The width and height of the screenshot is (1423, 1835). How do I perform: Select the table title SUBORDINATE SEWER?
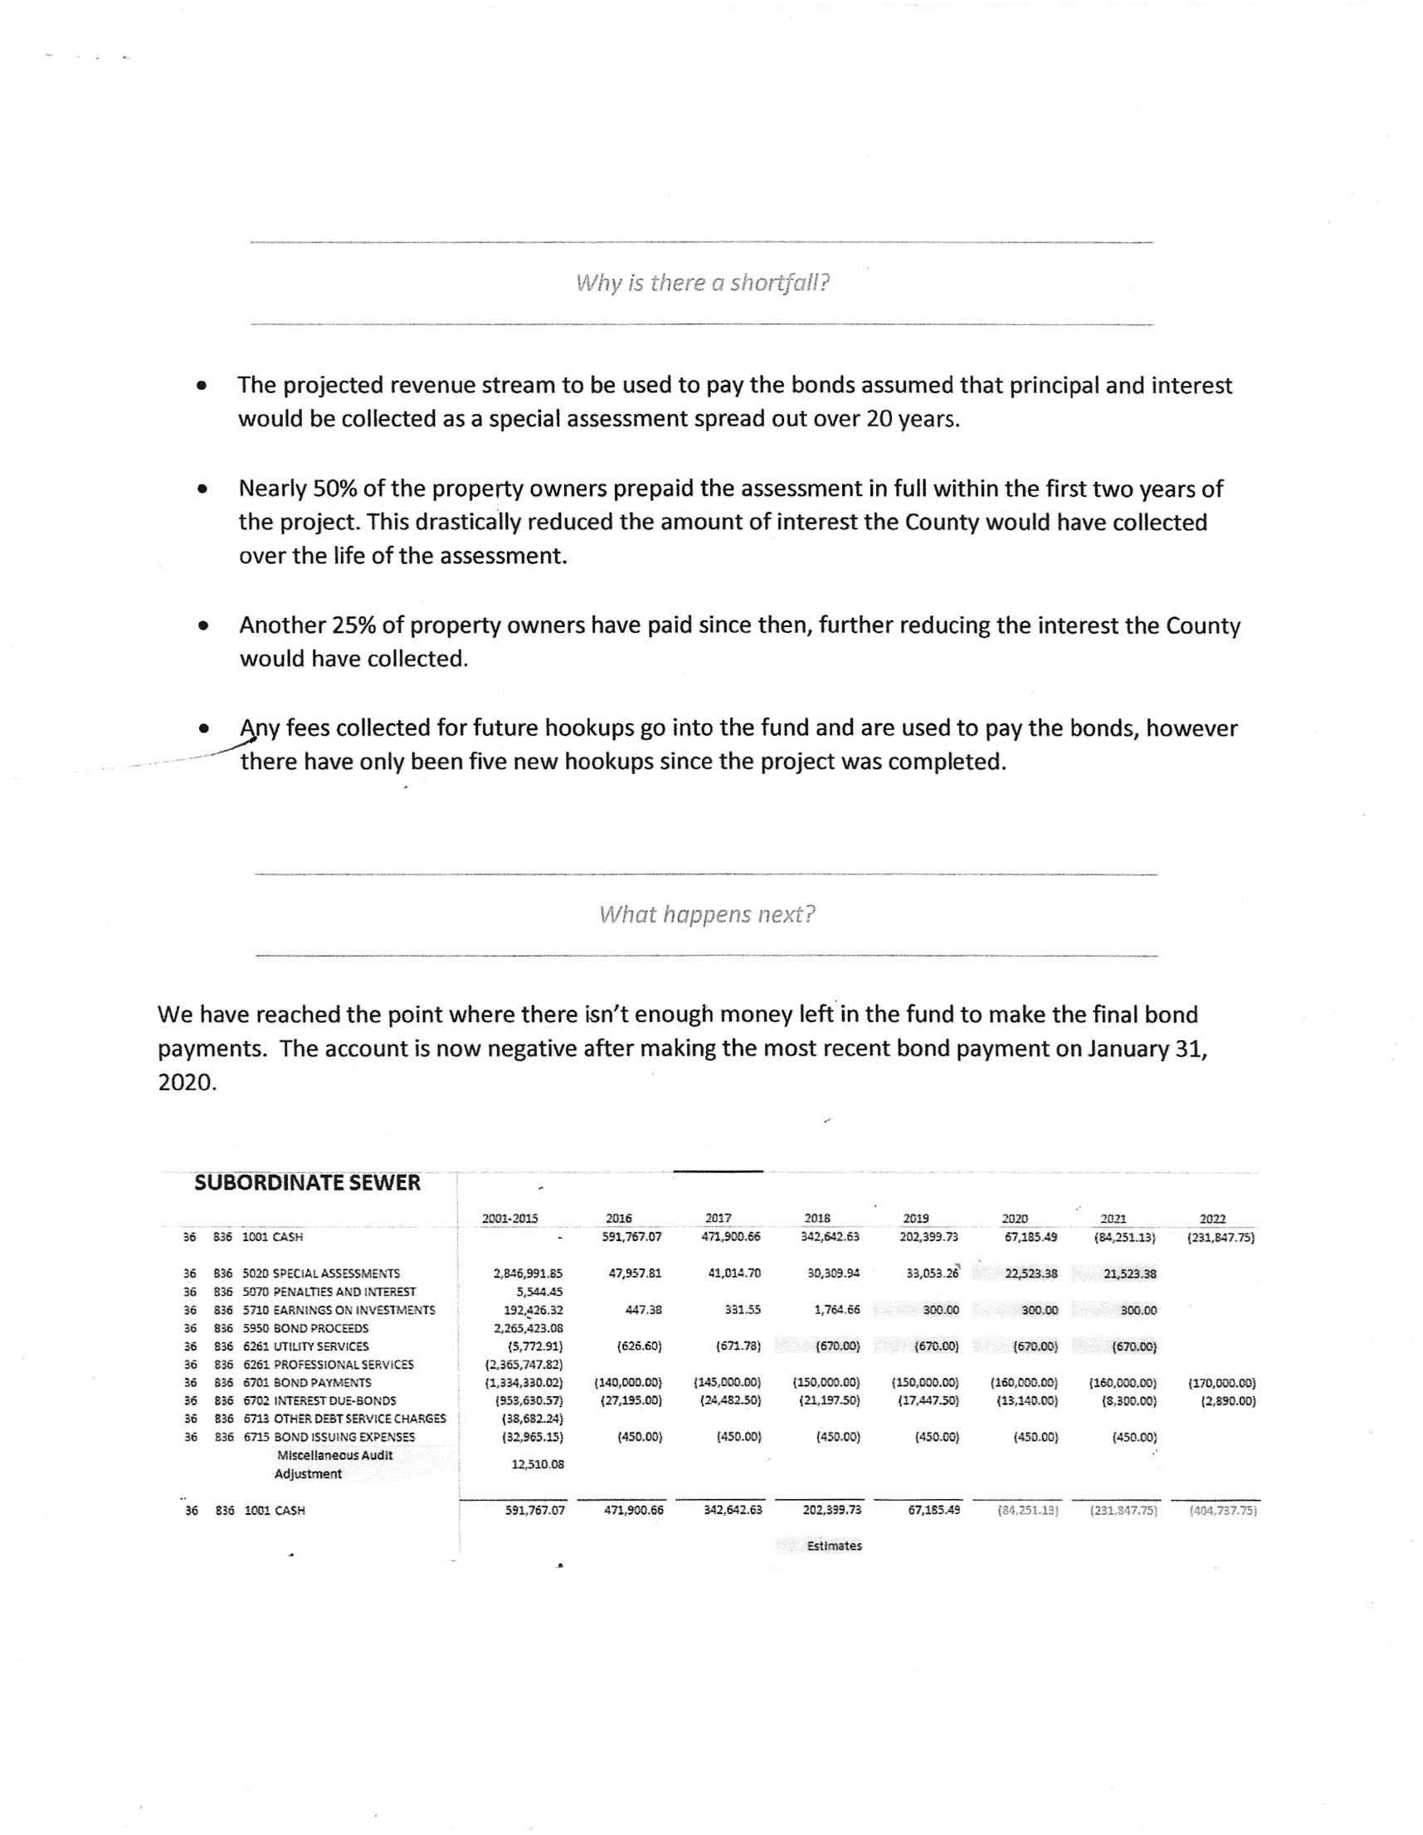tap(307, 1183)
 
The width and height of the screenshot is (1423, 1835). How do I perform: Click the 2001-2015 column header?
tap(510, 1219)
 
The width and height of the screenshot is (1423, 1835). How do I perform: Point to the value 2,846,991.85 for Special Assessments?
tap(528, 1273)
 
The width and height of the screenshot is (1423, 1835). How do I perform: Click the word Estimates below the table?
tap(834, 1546)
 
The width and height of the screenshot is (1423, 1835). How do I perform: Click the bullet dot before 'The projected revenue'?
tap(201, 387)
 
